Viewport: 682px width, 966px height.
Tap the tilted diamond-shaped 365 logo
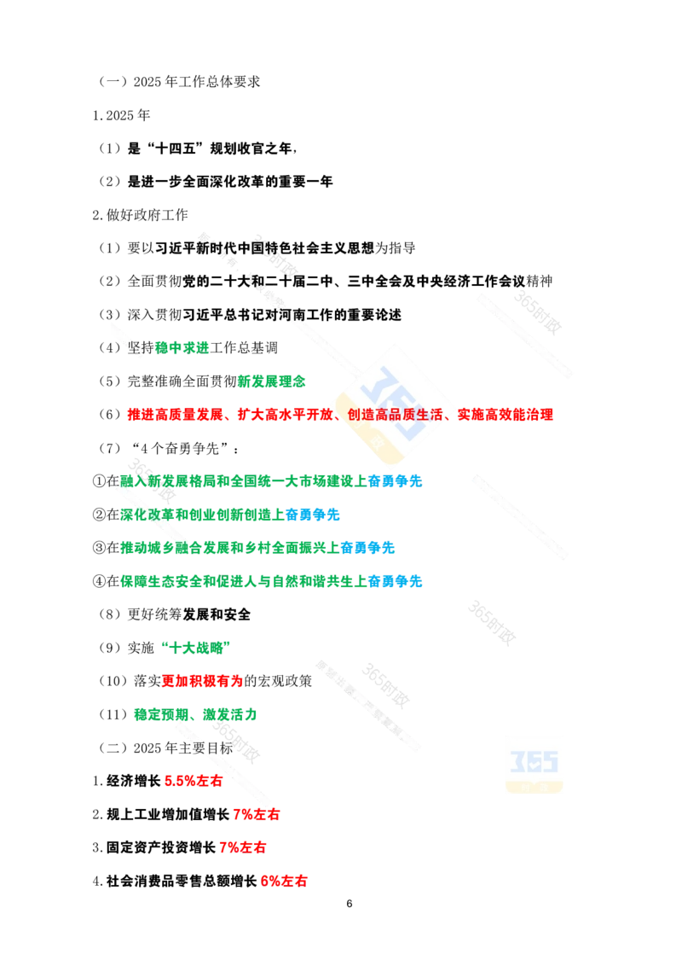394,404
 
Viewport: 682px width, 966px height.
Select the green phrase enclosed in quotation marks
195,646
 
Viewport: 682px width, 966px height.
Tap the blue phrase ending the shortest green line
313,515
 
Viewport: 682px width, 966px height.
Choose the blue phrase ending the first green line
396,480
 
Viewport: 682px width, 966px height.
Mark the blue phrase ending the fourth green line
396,582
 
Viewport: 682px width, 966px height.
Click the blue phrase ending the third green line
367,548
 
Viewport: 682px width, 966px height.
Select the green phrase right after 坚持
182,347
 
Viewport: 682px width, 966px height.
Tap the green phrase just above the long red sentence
271,381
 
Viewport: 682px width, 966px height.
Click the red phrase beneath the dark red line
284,881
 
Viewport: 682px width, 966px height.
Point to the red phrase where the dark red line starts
243,847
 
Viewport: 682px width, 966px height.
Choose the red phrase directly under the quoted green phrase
202,681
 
